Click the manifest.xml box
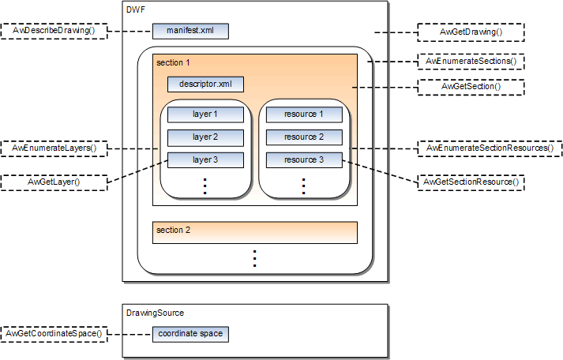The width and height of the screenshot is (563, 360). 190,32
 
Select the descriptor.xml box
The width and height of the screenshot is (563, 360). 205,84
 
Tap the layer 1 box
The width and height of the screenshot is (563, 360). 205,114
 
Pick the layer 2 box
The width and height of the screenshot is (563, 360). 205,137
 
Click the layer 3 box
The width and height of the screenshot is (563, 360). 205,160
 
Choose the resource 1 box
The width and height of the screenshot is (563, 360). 304,114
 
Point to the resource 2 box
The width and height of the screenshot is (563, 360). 304,137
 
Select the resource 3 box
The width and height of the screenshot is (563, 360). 304,160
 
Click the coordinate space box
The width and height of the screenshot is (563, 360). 190,334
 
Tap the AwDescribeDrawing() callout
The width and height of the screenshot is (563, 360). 54,32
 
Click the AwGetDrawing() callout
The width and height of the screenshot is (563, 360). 471,32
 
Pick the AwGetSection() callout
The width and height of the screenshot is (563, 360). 471,86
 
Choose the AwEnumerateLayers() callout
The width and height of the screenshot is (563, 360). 54,148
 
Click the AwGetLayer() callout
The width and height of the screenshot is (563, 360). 54,182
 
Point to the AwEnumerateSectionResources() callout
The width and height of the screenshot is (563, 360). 489,148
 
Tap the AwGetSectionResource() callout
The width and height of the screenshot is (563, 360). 471,182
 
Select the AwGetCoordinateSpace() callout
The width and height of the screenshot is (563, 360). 54,334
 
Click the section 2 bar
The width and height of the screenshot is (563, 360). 254,232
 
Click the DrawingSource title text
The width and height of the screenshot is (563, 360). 156,313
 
